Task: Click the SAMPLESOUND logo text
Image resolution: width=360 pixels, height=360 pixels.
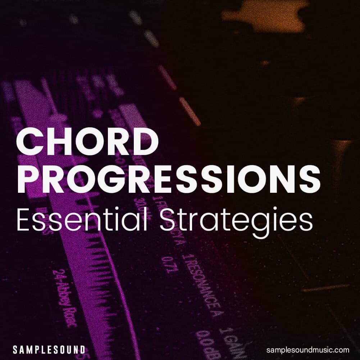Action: tap(49, 349)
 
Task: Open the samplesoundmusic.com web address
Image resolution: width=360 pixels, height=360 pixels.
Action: tap(308, 350)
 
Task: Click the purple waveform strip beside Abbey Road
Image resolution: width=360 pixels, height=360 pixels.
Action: tap(104, 288)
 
